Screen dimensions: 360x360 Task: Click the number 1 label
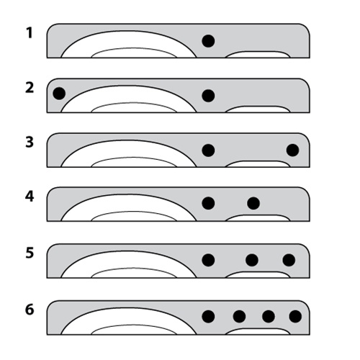pyautogui.click(x=30, y=33)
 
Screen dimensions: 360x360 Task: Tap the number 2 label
pyautogui.click(x=30, y=88)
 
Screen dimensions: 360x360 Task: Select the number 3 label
pyautogui.click(x=30, y=142)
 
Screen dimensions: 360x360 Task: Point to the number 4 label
pyautogui.click(x=30, y=197)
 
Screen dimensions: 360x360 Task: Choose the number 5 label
pyautogui.click(x=30, y=253)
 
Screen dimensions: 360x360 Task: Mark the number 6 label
pyautogui.click(x=30, y=310)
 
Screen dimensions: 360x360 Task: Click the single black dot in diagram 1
pyautogui.click(x=208, y=41)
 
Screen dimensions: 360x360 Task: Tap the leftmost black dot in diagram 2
pyautogui.click(x=59, y=94)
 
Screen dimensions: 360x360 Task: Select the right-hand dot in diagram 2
pyautogui.click(x=208, y=96)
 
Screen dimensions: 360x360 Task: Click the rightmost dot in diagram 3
pyautogui.click(x=293, y=150)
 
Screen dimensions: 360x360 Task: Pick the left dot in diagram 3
pyautogui.click(x=208, y=150)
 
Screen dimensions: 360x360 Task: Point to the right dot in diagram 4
pyautogui.click(x=253, y=203)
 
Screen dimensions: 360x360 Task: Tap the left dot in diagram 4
pyautogui.click(x=208, y=203)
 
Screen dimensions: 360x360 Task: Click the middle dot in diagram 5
pyautogui.click(x=252, y=260)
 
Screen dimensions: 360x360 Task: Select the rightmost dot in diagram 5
pyautogui.click(x=289, y=260)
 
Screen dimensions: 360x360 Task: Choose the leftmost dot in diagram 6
pyautogui.click(x=208, y=317)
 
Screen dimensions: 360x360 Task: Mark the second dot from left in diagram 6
pyautogui.click(x=239, y=317)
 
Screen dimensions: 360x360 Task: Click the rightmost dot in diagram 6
pyautogui.click(x=295, y=317)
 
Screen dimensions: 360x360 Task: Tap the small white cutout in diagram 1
pyautogui.click(x=258, y=55)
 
